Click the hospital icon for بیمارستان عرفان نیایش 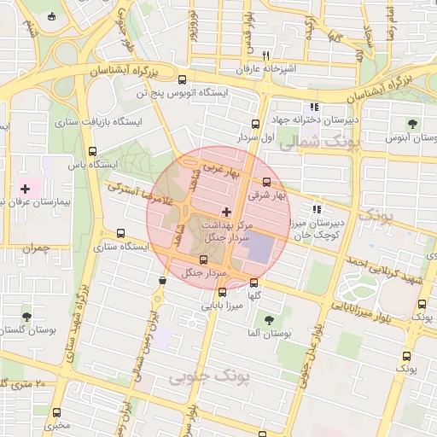tap(25, 188)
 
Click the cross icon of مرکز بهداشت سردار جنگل tap(225, 211)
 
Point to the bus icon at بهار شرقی tap(267, 182)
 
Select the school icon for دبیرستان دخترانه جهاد tap(314, 108)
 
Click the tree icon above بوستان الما tap(270, 320)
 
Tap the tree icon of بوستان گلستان tap(26, 317)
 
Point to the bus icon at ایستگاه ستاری tap(119, 233)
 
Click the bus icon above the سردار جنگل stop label tap(203, 260)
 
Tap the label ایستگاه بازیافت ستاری tap(97, 122)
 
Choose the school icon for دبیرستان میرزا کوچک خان tap(317, 209)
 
